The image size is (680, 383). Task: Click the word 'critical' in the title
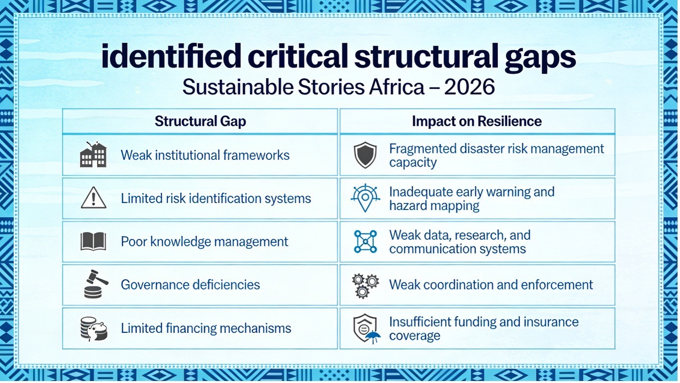point(298,56)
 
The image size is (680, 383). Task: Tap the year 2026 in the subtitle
point(469,87)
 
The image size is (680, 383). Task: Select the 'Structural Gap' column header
point(200,121)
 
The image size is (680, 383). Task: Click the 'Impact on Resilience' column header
point(477,121)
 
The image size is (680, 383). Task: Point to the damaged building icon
point(93,154)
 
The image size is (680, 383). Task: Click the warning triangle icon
point(93,198)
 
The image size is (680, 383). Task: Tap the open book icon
point(93,241)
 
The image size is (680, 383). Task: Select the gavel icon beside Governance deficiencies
point(95,284)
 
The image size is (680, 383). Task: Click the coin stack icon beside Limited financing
point(94,329)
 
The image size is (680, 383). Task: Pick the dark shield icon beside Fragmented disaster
point(365,155)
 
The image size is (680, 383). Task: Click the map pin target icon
point(365,198)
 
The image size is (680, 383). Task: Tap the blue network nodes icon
point(366,241)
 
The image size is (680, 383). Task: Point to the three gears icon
point(365,286)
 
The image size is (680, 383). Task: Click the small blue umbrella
point(373,337)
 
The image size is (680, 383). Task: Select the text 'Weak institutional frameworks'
point(205,155)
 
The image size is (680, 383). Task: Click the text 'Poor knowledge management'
point(204,242)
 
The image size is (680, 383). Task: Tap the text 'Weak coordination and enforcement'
point(491,285)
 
